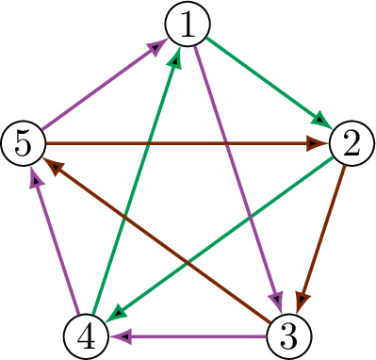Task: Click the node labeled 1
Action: (188, 24)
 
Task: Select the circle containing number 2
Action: (351, 143)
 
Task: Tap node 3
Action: (289, 336)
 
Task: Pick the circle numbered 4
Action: (86, 336)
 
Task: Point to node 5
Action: (24, 143)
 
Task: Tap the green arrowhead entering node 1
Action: (176, 58)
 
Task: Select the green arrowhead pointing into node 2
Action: (322, 121)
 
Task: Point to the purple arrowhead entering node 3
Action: (276, 301)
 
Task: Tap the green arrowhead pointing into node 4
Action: (117, 313)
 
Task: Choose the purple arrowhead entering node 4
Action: (121, 336)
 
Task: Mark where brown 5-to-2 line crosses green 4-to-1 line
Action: (149, 143)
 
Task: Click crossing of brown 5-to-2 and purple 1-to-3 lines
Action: (226, 143)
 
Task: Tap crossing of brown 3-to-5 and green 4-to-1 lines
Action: (123, 216)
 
